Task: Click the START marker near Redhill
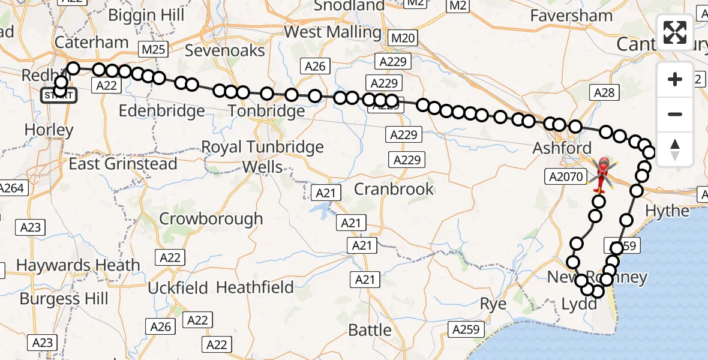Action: pos(58,95)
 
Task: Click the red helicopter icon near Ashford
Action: pos(602,172)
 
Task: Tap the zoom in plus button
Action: pos(675,79)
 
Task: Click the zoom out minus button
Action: pos(675,114)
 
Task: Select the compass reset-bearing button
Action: pos(675,149)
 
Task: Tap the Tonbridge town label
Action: pos(266,112)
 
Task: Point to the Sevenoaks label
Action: pos(224,50)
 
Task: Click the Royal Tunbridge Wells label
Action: pos(262,156)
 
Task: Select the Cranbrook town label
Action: pos(394,189)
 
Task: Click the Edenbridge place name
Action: pos(162,111)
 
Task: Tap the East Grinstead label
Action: pos(123,163)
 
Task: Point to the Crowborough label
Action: pos(211,218)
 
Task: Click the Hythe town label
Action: pos(667,211)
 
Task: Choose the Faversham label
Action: pos(571,16)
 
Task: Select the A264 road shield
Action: pos(12,188)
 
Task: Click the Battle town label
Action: pos(370,329)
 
